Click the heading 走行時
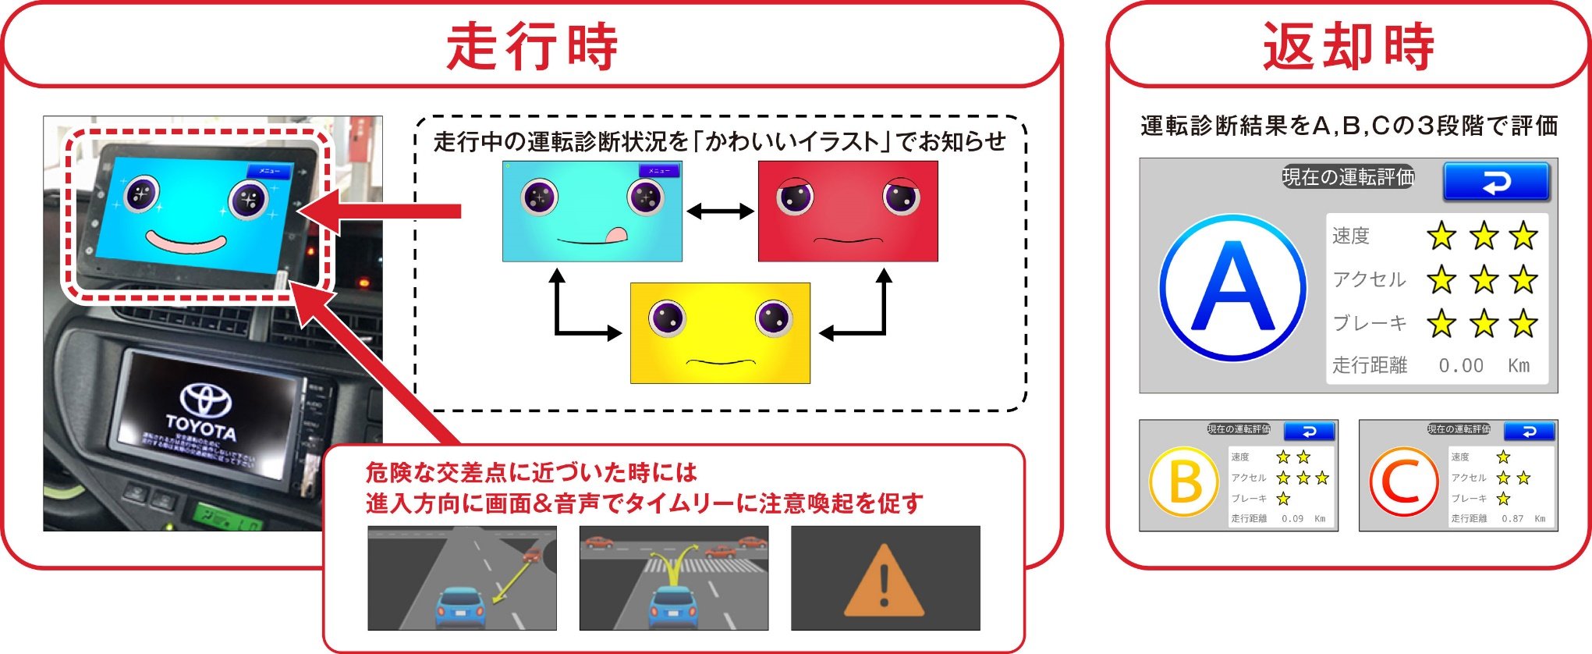click(x=532, y=47)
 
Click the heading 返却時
click(x=1348, y=47)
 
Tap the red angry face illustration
click(x=848, y=211)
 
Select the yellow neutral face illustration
click(x=720, y=333)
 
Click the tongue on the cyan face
click(x=615, y=233)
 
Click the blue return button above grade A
click(x=1495, y=182)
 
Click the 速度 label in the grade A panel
click(x=1350, y=236)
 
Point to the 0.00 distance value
click(x=1460, y=365)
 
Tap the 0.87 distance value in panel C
click(x=1512, y=518)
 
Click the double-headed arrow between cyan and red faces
click(x=720, y=211)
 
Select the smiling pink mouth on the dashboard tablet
click(x=186, y=242)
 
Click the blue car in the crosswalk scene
click(x=672, y=606)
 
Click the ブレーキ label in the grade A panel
click(x=1369, y=322)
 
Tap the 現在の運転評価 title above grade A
click(x=1348, y=177)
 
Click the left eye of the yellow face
click(x=667, y=318)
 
